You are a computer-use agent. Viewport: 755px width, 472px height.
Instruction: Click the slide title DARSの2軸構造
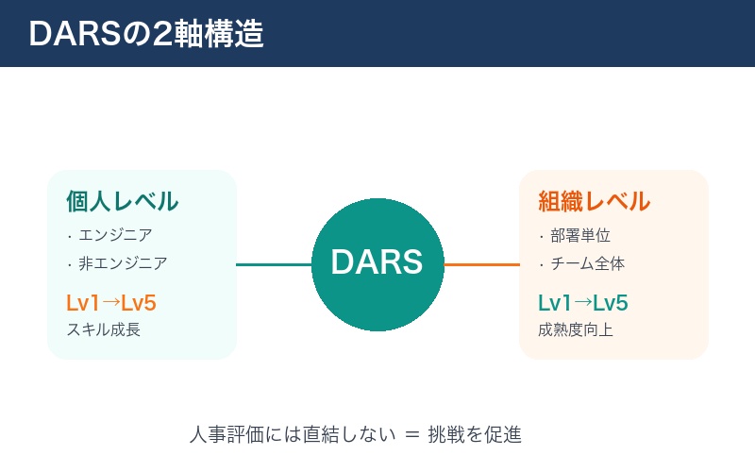pos(145,34)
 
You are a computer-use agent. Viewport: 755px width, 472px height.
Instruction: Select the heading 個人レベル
pos(122,201)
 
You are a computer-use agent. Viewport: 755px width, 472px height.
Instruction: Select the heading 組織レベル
pos(594,201)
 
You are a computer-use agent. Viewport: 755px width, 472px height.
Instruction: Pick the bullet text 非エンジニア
pos(123,263)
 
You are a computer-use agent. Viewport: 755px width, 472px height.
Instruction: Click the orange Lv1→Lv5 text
pos(110,303)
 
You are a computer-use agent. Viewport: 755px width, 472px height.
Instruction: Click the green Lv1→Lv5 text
pos(582,303)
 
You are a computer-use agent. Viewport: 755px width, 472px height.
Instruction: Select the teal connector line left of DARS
pos(274,264)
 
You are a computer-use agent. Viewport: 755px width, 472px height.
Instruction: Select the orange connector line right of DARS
pos(481,264)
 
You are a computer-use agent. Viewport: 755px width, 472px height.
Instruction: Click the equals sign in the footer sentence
pos(411,435)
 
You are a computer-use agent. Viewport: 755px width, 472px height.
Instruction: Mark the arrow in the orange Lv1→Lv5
pos(111,303)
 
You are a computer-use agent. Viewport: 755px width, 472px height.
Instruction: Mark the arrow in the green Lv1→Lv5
pos(583,303)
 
